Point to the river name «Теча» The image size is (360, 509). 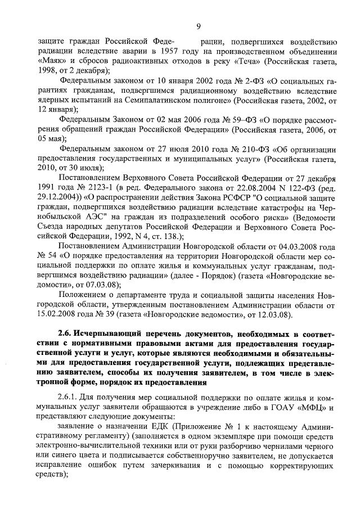tap(253, 60)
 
